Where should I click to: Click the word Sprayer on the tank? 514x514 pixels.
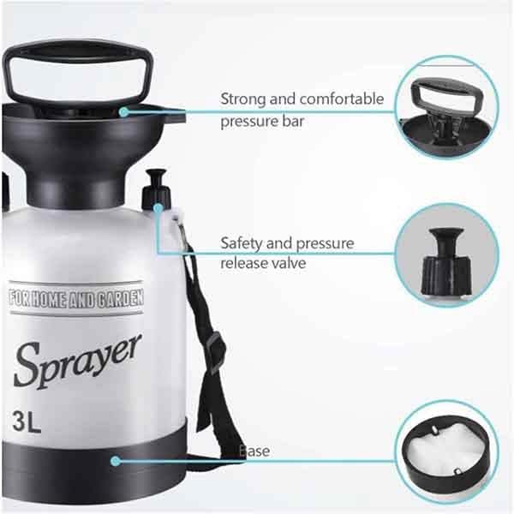pyautogui.click(x=77, y=360)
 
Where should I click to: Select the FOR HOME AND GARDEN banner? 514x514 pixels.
pyautogui.click(x=75, y=300)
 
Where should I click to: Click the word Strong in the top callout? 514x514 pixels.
pyautogui.click(x=242, y=99)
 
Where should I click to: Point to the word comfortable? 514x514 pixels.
pyautogui.click(x=341, y=99)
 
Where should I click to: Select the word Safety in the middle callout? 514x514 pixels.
pyautogui.click(x=241, y=243)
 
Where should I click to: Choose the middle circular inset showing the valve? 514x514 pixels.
pyautogui.click(x=446, y=254)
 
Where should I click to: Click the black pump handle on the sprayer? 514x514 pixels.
pyautogui.click(x=77, y=69)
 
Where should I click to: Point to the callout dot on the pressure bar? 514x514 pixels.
pyautogui.click(x=123, y=111)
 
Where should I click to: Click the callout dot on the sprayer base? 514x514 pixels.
pyautogui.click(x=115, y=460)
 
